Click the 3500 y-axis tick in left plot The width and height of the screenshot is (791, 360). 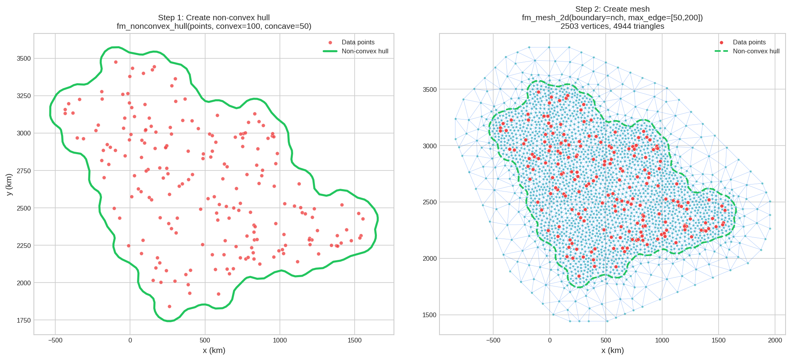[x=23, y=58]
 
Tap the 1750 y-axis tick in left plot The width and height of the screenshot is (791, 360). [x=23, y=320]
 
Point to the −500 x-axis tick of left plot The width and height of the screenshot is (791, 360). [x=55, y=341]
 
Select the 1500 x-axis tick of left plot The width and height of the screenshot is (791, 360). [x=354, y=341]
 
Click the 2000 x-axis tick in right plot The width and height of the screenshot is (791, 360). [x=775, y=341]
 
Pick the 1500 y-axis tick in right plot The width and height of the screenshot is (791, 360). [x=429, y=315]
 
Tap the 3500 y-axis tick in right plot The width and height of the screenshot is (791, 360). [x=429, y=90]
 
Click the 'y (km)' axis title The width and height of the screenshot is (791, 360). [x=9, y=184]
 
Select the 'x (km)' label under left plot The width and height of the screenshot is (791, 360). [x=214, y=350]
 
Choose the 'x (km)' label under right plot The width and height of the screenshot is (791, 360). [x=612, y=350]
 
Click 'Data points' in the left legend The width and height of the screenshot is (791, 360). [x=358, y=42]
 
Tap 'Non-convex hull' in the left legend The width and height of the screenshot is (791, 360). [x=365, y=51]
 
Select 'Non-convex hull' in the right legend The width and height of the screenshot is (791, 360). [x=756, y=51]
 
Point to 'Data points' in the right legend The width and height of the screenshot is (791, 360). [x=749, y=42]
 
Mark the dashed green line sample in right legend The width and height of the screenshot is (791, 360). [x=721, y=51]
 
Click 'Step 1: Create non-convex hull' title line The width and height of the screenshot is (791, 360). [x=214, y=18]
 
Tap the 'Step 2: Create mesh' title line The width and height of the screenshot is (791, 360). [x=612, y=9]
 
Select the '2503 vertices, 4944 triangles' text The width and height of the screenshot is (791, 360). [x=612, y=26]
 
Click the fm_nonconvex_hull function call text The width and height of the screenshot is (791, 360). [x=214, y=26]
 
